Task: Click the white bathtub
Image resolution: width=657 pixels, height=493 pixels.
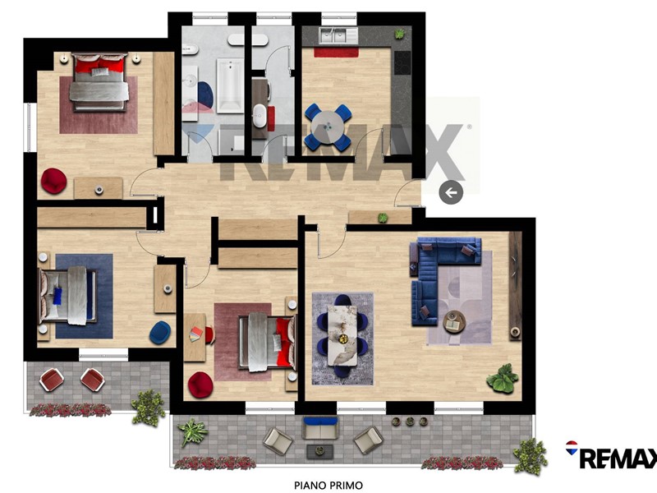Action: [x=230, y=86]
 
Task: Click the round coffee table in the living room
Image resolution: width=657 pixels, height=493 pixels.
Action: [x=455, y=322]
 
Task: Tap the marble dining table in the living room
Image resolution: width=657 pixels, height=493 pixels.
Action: [x=342, y=335]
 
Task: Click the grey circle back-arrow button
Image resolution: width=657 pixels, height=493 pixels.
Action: [x=451, y=192]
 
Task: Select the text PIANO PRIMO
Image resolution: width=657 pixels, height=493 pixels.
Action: [x=328, y=486]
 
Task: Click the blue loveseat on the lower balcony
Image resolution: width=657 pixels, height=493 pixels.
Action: [x=320, y=427]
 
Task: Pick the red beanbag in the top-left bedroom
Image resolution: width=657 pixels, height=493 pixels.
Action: [x=53, y=181]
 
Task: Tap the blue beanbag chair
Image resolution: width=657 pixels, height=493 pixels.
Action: [x=160, y=333]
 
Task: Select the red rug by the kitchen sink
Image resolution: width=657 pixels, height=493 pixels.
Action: [x=336, y=53]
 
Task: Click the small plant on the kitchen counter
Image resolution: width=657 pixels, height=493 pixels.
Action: [x=400, y=34]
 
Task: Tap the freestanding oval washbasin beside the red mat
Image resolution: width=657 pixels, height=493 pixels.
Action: [x=260, y=117]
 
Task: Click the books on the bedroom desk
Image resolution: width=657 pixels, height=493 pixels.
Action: [x=195, y=334]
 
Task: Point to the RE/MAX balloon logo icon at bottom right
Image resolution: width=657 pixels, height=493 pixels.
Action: [x=572, y=448]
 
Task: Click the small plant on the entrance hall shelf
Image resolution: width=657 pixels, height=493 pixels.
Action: [x=383, y=218]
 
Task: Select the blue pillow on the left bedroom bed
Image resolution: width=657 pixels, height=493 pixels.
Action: [x=57, y=296]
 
